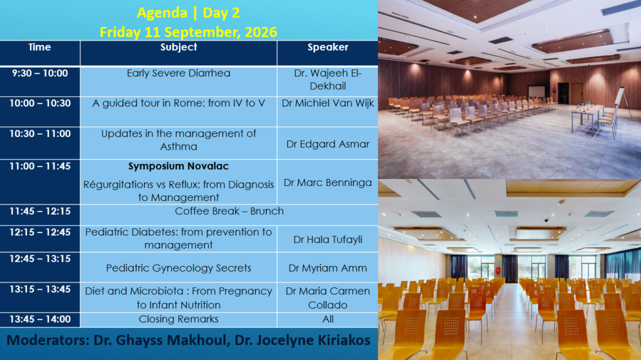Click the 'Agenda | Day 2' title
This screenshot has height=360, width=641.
pos(188,13)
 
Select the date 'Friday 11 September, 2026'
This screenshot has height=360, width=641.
pos(188,32)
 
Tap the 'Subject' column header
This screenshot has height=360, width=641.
pos(178,47)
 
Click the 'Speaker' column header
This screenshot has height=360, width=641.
pos(328,47)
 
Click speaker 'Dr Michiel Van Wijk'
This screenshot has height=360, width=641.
pos(328,103)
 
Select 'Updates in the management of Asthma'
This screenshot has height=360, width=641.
pos(178,140)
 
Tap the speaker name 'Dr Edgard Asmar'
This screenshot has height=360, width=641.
pos(328,144)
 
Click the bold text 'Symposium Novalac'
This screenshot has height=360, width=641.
pos(178,166)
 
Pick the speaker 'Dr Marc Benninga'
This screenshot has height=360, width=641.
pos(328,182)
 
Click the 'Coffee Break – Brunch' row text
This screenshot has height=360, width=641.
pos(229,211)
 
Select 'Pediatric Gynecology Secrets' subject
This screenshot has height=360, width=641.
pos(178,268)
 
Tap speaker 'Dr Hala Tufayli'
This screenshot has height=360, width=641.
pos(328,239)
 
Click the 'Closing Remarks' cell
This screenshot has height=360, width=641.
pos(178,319)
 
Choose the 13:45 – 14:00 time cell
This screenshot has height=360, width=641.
pos(40,319)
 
